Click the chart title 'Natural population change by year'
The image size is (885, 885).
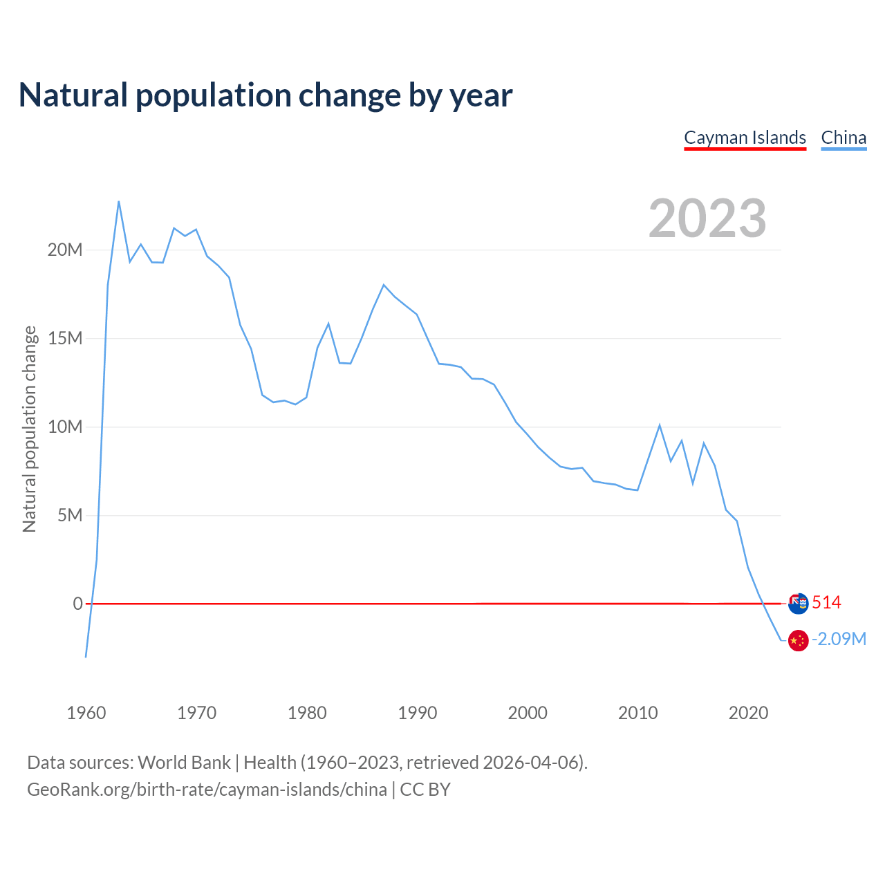click(x=265, y=95)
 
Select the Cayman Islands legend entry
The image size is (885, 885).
click(x=745, y=138)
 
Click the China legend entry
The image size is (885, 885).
click(x=844, y=138)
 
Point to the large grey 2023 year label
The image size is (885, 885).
click(x=707, y=218)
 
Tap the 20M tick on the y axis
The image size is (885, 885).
click(x=65, y=250)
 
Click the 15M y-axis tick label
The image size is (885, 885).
click(x=65, y=338)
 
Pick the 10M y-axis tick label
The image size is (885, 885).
click(x=65, y=427)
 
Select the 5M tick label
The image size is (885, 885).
click(x=70, y=515)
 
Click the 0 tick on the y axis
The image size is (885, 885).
click(x=77, y=604)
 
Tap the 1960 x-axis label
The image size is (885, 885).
click(x=86, y=713)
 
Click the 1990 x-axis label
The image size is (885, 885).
click(x=418, y=713)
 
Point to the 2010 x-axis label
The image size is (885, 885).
click(x=638, y=713)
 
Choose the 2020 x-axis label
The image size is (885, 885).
click(x=748, y=713)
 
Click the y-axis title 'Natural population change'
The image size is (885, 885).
click(x=29, y=429)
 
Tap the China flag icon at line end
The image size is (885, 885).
click(x=798, y=640)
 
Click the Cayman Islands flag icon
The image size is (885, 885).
click(x=798, y=603)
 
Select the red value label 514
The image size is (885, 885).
click(x=826, y=603)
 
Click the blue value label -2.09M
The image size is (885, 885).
click(x=839, y=639)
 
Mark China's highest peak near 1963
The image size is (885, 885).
click(x=119, y=201)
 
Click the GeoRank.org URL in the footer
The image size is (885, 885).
click(x=207, y=790)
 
